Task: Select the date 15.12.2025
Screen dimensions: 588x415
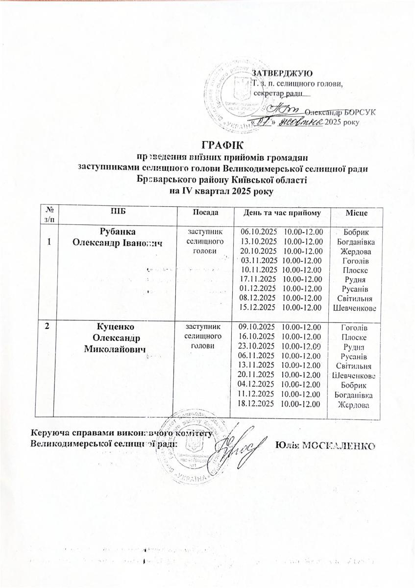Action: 258,307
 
